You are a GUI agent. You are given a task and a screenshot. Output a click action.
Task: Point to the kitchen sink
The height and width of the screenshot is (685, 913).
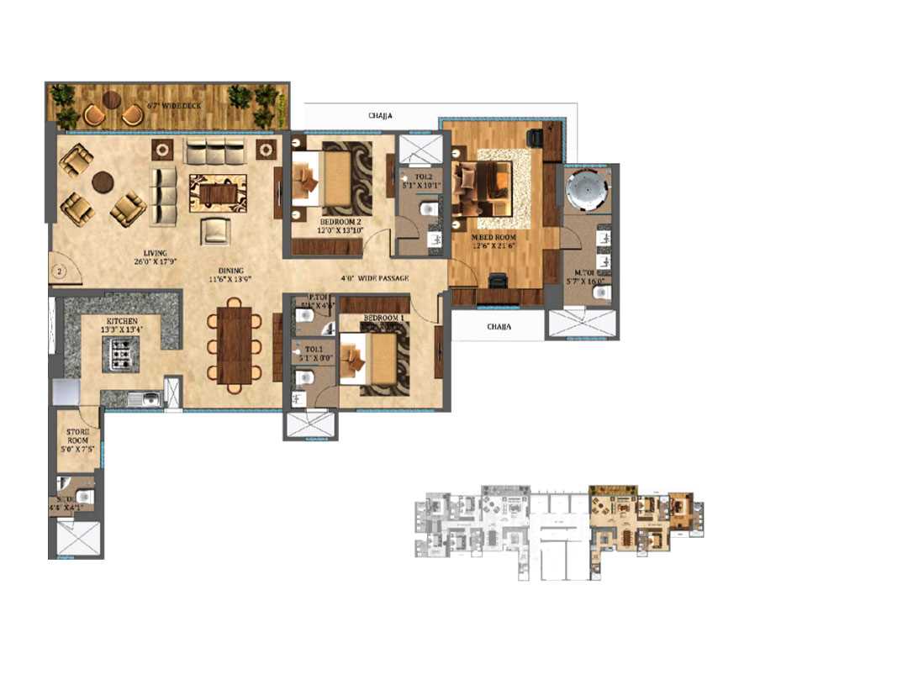[144, 400]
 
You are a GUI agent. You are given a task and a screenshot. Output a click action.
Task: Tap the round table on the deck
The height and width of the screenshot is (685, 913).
[112, 100]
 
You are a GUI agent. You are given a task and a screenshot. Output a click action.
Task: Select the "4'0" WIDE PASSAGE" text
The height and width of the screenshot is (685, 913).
[374, 278]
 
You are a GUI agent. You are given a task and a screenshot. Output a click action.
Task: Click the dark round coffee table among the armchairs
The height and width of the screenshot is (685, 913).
[103, 182]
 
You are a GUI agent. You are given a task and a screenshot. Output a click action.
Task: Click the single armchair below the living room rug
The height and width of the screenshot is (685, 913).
[216, 229]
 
